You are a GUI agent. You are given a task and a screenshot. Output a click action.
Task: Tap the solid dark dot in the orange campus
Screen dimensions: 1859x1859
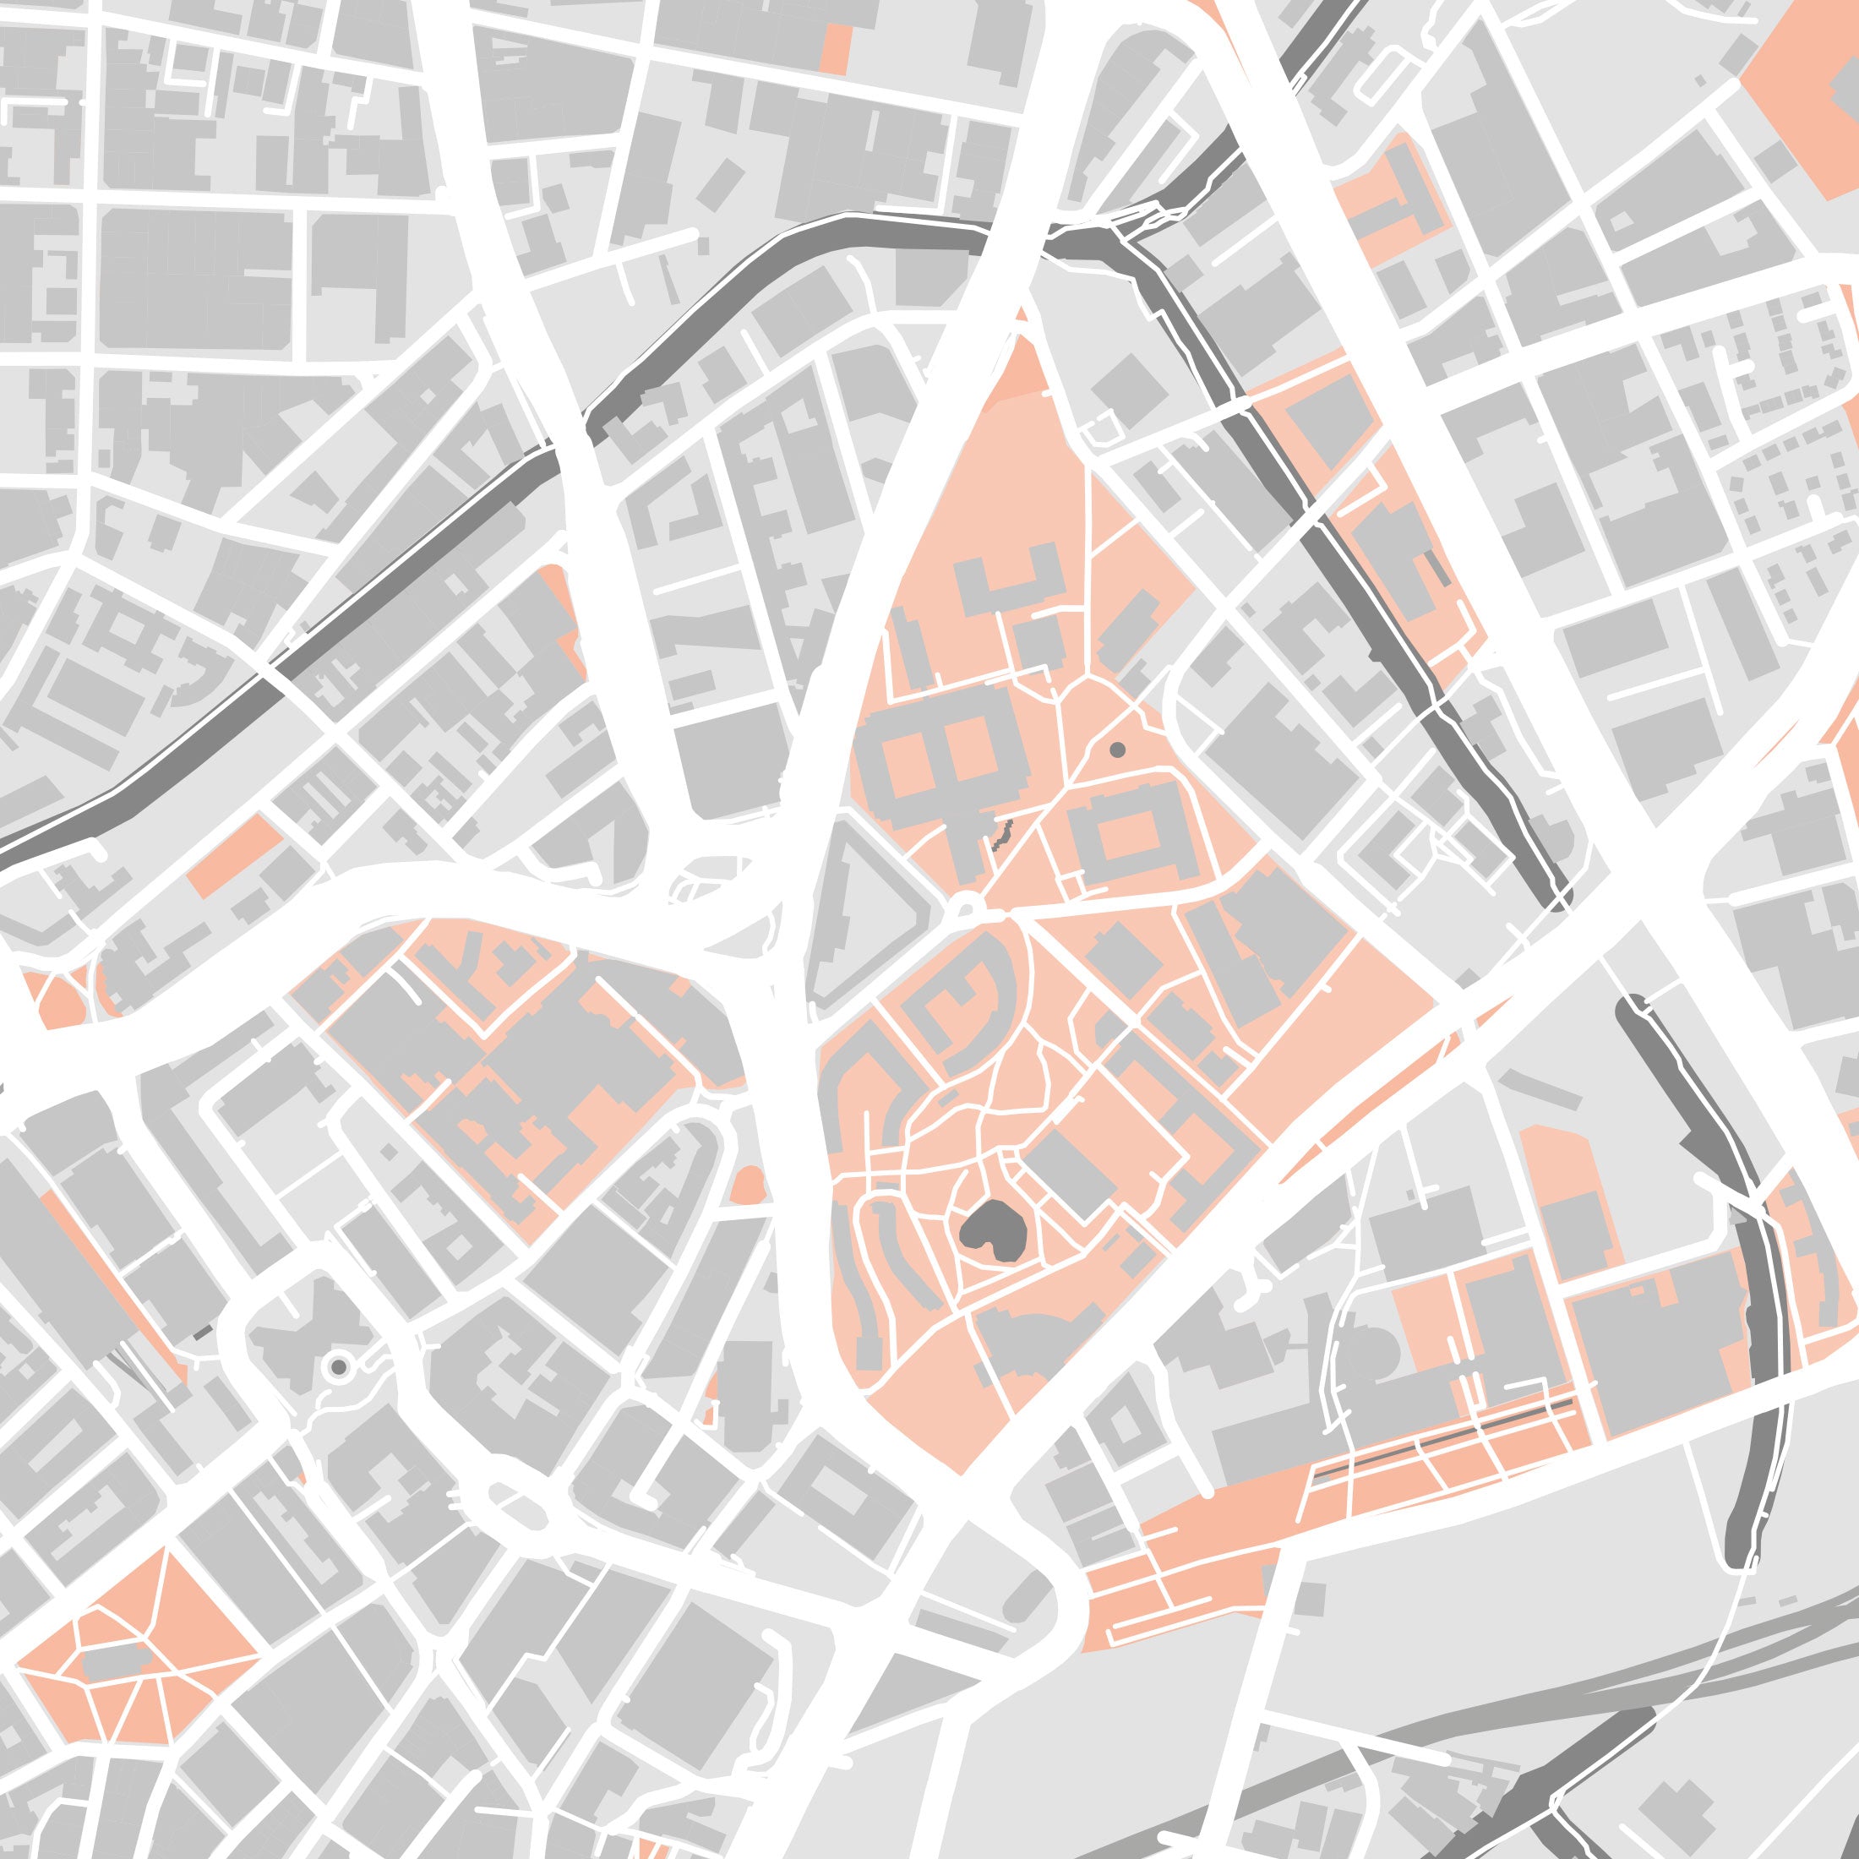click(1117, 749)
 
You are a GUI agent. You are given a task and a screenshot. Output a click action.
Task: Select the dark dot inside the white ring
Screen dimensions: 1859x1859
click(339, 1366)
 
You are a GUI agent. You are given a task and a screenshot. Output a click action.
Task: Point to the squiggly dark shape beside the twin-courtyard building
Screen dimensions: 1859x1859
click(1001, 834)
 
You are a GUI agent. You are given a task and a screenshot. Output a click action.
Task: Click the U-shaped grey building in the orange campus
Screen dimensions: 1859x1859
click(1010, 581)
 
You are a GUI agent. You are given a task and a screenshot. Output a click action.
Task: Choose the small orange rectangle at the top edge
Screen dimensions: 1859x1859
click(835, 48)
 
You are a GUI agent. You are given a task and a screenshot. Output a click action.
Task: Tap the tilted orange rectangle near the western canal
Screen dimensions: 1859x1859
click(236, 855)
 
